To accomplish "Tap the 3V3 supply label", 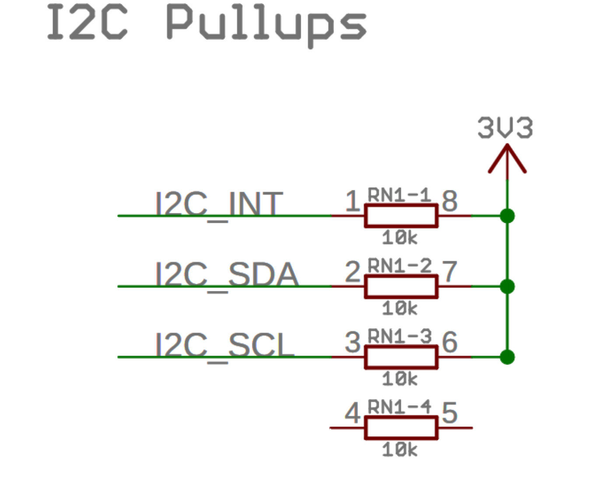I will pyautogui.click(x=505, y=128).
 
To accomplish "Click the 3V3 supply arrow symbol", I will pyautogui.click(x=507, y=160).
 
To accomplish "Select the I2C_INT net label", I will pyautogui.click(x=219, y=204).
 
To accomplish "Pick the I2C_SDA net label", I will pyautogui.click(x=227, y=275).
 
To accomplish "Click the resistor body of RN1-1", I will pyautogui.click(x=401, y=216).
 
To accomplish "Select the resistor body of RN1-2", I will pyautogui.click(x=401, y=287).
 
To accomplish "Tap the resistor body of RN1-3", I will pyautogui.click(x=401, y=357).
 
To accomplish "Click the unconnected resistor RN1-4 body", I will pyautogui.click(x=401, y=428).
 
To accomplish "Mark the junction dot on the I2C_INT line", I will pyautogui.click(x=507, y=216).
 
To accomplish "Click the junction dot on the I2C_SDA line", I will pyautogui.click(x=507, y=287).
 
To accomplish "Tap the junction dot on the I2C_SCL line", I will pyautogui.click(x=507, y=357).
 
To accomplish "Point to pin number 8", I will pyautogui.click(x=449, y=201).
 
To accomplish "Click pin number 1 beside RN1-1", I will pyautogui.click(x=353, y=201).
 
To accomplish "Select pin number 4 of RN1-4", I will pyautogui.click(x=353, y=413).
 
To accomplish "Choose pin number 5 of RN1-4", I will pyautogui.click(x=449, y=413).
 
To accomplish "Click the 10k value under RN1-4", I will pyautogui.click(x=400, y=450).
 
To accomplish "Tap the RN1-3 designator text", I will pyautogui.click(x=400, y=337).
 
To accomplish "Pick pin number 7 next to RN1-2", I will pyautogui.click(x=449, y=272).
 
